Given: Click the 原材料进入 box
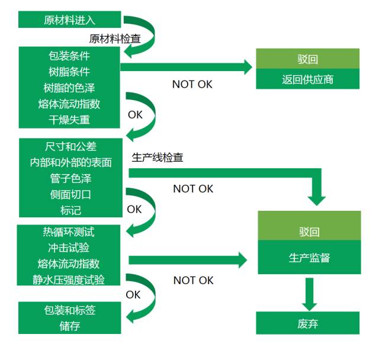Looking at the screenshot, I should coord(69,20).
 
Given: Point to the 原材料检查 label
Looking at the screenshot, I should coord(115,39).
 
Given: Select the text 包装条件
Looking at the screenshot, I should coord(69,56).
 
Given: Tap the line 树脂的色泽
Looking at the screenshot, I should coord(69,88).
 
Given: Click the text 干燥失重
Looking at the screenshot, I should coord(69,120).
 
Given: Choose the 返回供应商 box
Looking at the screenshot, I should coord(307,79).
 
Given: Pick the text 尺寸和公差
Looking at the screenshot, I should coord(70,146).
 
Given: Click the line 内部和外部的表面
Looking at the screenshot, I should coord(70,162).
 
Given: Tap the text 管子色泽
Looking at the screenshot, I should coord(70,178).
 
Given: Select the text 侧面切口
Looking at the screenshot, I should coord(70,194).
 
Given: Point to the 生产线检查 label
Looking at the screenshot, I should coord(157,158).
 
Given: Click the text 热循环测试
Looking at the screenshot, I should coord(69,232).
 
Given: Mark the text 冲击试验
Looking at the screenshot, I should coord(69,247).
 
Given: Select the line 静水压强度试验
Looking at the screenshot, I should coord(69,279).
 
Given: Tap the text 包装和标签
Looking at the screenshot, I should coord(69,310).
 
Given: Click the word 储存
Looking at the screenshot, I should coord(69,326).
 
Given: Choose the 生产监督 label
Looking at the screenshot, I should coord(309,258).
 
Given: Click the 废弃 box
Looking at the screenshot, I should coord(307,323).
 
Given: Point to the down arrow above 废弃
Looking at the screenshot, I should coord(308,294).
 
